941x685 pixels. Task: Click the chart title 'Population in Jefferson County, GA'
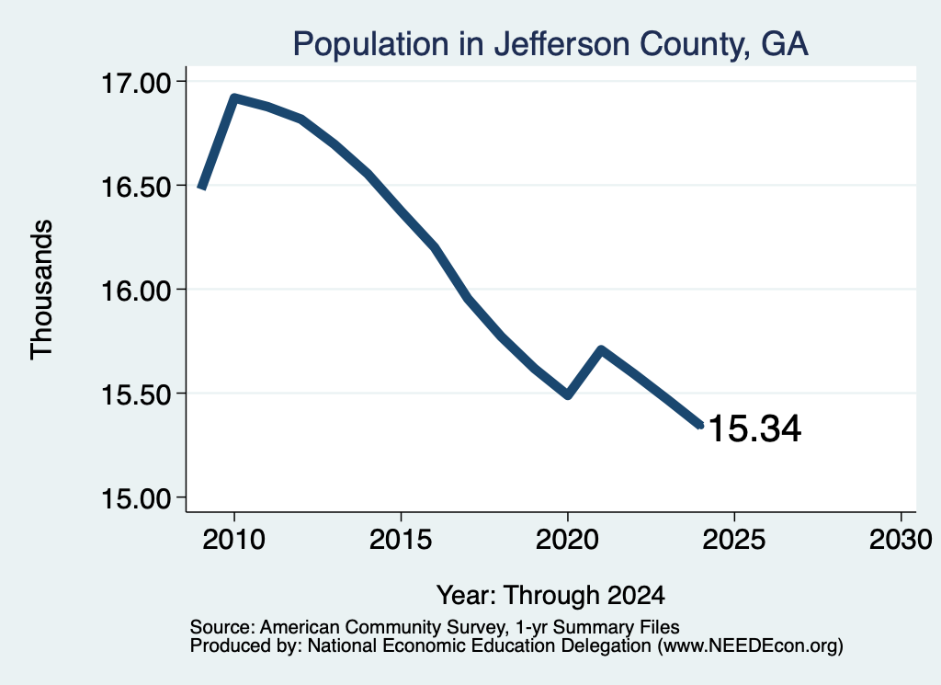pyautogui.click(x=550, y=44)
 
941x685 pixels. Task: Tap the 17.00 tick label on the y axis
pyautogui.click(x=136, y=83)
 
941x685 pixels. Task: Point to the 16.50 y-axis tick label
pyautogui.click(x=136, y=187)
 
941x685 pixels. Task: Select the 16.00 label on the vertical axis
pyautogui.click(x=136, y=291)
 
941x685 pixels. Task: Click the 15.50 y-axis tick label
pyautogui.click(x=136, y=395)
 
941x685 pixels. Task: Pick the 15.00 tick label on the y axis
pyautogui.click(x=136, y=499)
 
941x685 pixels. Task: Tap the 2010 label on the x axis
pyautogui.click(x=234, y=539)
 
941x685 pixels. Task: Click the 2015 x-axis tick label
pyautogui.click(x=401, y=539)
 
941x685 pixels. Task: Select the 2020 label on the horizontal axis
pyautogui.click(x=567, y=539)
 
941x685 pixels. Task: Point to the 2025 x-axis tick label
pyautogui.click(x=734, y=539)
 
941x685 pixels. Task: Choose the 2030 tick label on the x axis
pyautogui.click(x=901, y=539)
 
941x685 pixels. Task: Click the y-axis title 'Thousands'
pyautogui.click(x=42, y=290)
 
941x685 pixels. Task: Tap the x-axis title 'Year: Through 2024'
pyautogui.click(x=550, y=595)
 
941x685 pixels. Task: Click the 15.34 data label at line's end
pyautogui.click(x=754, y=428)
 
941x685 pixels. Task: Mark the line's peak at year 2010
pyautogui.click(x=234, y=97)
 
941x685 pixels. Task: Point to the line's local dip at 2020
pyautogui.click(x=568, y=395)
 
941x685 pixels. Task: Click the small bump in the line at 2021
pyautogui.click(x=601, y=350)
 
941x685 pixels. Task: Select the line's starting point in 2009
pyautogui.click(x=202, y=188)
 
